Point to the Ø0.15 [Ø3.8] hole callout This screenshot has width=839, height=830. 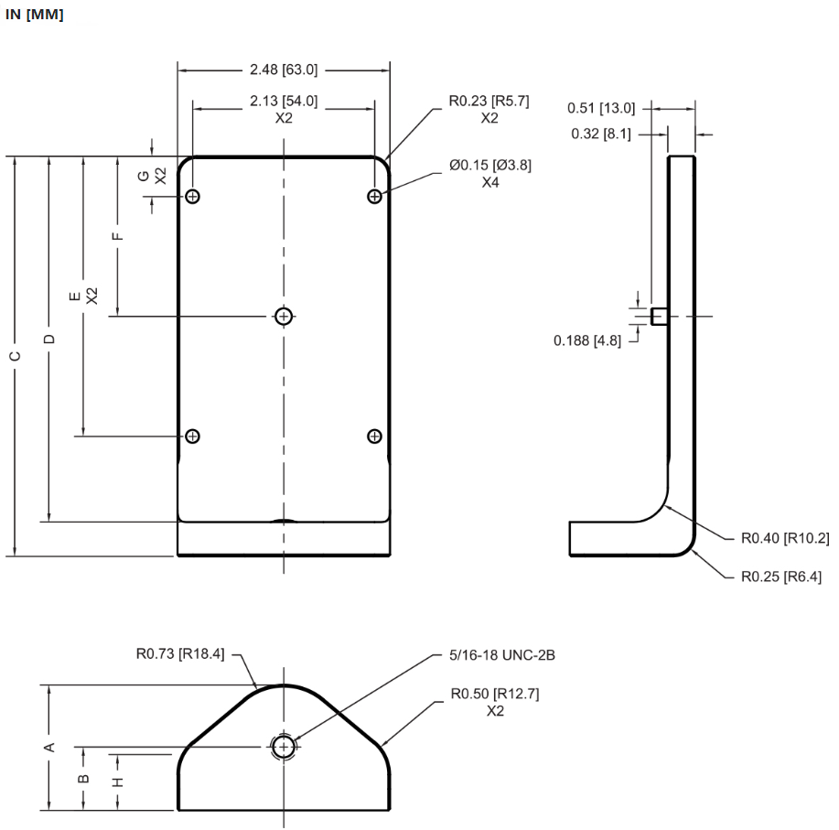(x=489, y=166)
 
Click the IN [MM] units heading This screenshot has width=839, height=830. (x=35, y=16)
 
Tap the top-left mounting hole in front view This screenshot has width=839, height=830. (x=192, y=196)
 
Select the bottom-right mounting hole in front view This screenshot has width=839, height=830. (x=374, y=436)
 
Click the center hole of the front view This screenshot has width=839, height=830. (x=284, y=317)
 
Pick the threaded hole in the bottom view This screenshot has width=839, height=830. (x=284, y=748)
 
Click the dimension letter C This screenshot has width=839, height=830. (x=15, y=355)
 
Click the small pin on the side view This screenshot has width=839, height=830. (x=658, y=317)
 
